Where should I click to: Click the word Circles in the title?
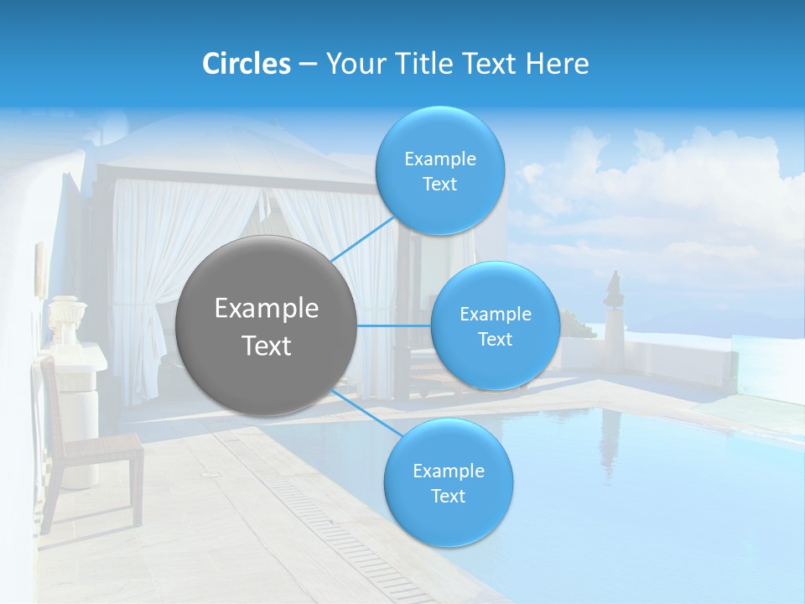[246, 64]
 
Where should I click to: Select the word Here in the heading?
[558, 64]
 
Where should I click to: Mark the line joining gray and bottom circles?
[362, 413]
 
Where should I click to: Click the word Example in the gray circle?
[266, 309]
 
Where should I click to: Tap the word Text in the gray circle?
[266, 346]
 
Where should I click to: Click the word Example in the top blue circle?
[439, 159]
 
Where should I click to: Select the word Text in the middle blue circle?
[495, 340]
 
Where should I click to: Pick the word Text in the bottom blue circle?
[448, 497]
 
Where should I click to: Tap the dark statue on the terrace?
[615, 289]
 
